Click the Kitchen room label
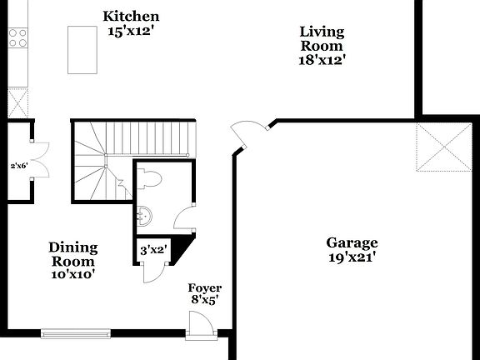click(x=131, y=17)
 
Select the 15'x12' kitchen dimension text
click(x=131, y=32)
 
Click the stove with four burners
click(x=17, y=37)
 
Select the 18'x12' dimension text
click(x=322, y=60)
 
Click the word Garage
click(x=351, y=242)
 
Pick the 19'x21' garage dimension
click(x=351, y=257)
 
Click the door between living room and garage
click(x=248, y=133)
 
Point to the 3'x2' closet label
click(x=153, y=249)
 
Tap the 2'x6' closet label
click(x=17, y=166)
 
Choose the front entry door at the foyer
click(x=198, y=325)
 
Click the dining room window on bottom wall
click(x=75, y=334)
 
